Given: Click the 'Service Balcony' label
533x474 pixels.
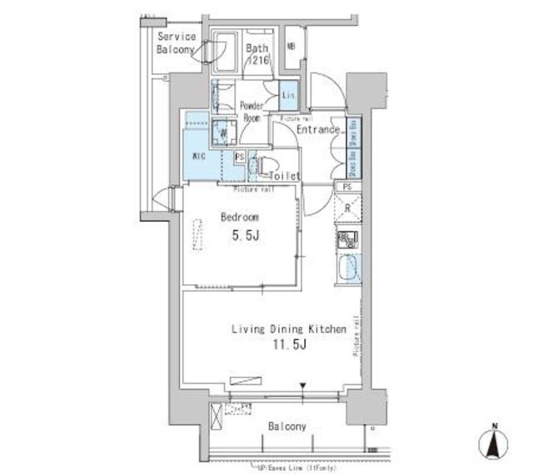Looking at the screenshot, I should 176,43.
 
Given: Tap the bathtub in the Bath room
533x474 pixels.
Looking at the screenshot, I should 224,54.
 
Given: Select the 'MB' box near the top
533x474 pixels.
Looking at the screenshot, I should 291,47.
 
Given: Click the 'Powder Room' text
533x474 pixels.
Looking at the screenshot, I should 252,112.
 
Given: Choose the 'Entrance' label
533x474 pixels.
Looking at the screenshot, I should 317,130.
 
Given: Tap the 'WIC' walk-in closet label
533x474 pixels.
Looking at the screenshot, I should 200,156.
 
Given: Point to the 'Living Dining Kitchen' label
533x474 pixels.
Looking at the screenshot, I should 288,330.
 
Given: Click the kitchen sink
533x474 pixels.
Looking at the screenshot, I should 349,268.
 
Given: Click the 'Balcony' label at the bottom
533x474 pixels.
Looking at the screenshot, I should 287,427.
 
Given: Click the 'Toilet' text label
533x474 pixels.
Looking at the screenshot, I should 285,176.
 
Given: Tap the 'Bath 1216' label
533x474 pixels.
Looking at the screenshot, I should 257,54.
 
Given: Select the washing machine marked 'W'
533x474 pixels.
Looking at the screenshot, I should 222,132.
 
